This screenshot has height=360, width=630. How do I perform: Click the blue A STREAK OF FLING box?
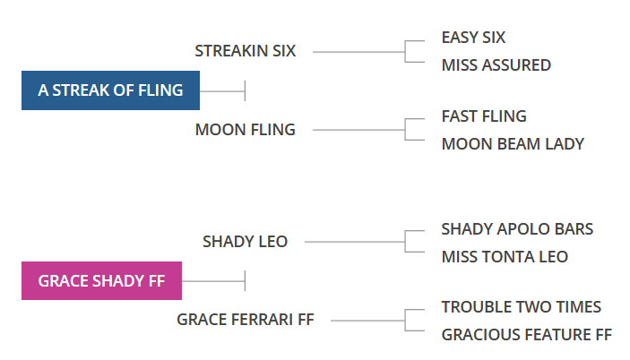(x=110, y=90)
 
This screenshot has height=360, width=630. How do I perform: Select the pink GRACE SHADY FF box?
(x=101, y=280)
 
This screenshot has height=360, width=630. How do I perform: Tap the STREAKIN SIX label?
(x=245, y=51)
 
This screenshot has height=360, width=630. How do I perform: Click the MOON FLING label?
(x=245, y=130)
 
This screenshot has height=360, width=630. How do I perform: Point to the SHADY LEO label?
(x=245, y=242)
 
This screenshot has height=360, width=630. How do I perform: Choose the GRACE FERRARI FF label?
(x=245, y=320)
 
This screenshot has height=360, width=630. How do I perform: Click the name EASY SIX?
(x=473, y=38)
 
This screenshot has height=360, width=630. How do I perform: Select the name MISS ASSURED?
(x=496, y=65)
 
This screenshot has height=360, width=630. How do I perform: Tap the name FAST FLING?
(x=484, y=116)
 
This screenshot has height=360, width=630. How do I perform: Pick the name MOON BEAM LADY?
(x=513, y=144)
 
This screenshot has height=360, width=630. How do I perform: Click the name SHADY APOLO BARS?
(x=517, y=229)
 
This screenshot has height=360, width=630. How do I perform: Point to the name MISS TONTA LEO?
(x=505, y=257)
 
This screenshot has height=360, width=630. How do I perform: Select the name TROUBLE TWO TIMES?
(x=521, y=307)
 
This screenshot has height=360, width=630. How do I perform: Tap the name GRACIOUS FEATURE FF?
(x=526, y=335)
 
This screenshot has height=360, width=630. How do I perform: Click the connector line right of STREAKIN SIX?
(x=358, y=52)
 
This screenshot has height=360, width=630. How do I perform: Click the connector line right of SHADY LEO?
(x=355, y=242)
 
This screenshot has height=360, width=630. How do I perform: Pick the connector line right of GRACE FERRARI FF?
(x=366, y=321)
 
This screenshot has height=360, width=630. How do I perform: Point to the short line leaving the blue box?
(x=221, y=90)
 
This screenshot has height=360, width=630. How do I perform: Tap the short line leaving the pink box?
(x=212, y=281)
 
